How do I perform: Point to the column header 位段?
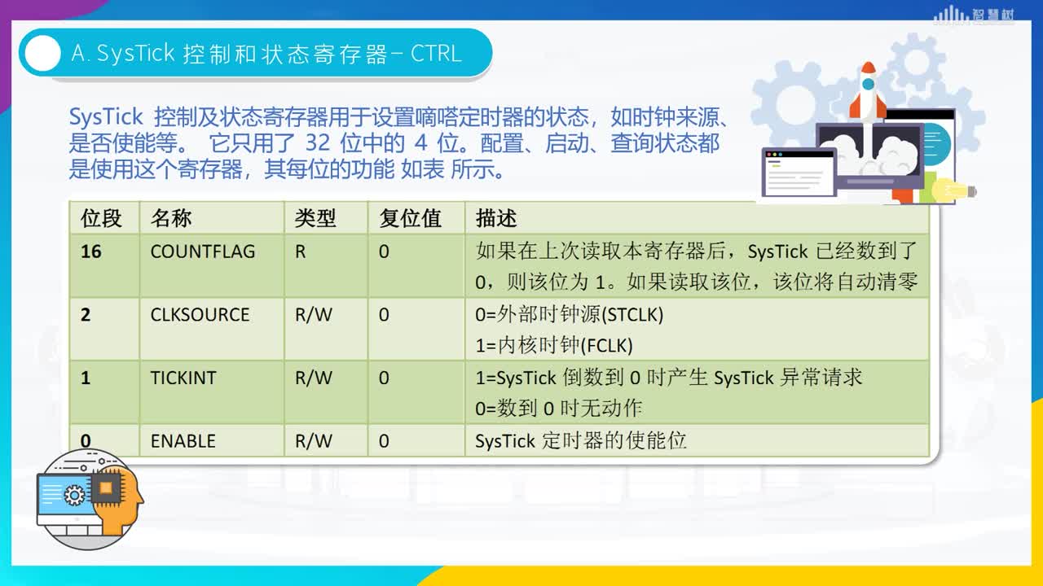click(x=101, y=218)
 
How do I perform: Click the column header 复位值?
click(x=410, y=218)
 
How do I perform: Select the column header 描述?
click(x=496, y=218)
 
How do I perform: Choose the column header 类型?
click(x=315, y=218)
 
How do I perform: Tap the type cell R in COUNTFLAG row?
click(x=301, y=251)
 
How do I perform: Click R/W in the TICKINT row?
click(x=314, y=378)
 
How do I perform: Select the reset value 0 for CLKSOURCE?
click(x=384, y=315)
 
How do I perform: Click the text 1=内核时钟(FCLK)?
click(x=554, y=346)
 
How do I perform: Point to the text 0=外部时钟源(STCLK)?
click(x=569, y=315)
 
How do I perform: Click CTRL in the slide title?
click(x=436, y=54)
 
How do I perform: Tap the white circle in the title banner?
click(x=42, y=54)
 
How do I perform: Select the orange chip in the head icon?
click(x=106, y=487)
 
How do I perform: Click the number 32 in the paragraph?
click(x=318, y=142)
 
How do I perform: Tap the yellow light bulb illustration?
click(x=953, y=190)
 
